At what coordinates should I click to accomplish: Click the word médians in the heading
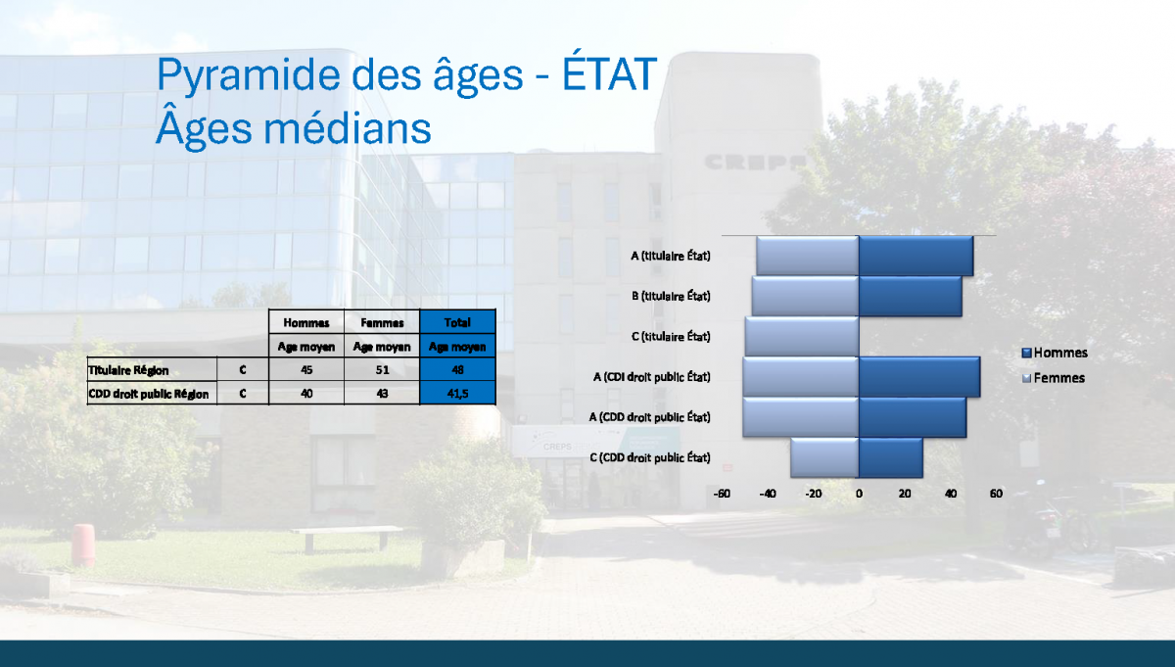point(347,128)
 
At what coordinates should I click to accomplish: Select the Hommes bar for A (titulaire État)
point(916,256)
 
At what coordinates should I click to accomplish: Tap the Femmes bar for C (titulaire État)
point(802,336)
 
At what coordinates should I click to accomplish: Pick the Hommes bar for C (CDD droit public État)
point(891,457)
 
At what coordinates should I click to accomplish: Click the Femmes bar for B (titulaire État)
point(805,296)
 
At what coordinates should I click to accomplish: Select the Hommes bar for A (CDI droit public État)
point(919,377)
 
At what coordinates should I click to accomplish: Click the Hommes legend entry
point(1055,353)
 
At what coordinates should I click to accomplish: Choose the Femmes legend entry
point(1054,378)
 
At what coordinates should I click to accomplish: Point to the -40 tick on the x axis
point(768,494)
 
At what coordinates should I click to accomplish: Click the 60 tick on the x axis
point(996,494)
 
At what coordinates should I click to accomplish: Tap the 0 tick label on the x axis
point(859,494)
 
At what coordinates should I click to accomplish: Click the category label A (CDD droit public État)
point(649,417)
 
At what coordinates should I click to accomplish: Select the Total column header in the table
point(457,322)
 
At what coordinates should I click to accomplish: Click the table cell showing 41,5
point(457,393)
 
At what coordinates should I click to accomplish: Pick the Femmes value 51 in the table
point(382,370)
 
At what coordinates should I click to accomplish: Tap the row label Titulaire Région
point(128,370)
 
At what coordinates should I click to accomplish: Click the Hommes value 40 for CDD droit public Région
point(306,394)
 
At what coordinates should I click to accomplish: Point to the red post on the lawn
point(83,546)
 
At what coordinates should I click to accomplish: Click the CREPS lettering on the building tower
point(754,163)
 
